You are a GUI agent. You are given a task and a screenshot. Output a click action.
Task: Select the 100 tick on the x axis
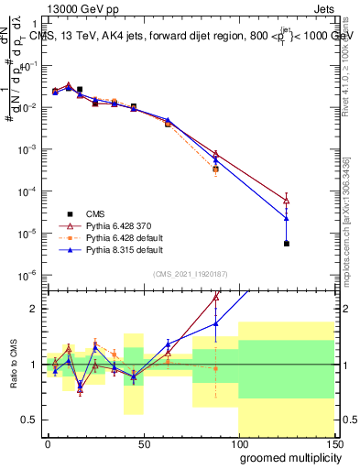pyautogui.click(x=238, y=442)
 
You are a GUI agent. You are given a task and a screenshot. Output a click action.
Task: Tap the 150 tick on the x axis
pyautogui.click(x=335, y=442)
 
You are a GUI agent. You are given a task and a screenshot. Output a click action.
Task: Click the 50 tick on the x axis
pyautogui.click(x=143, y=442)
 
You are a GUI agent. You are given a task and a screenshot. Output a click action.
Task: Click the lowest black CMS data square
pyautogui.click(x=287, y=244)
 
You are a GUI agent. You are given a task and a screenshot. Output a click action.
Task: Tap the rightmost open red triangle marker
pyautogui.click(x=287, y=201)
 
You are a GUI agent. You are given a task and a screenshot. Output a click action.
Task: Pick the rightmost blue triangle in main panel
pyautogui.click(x=287, y=218)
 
